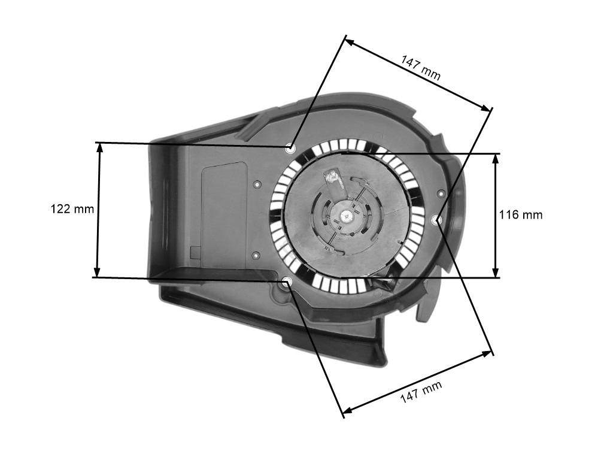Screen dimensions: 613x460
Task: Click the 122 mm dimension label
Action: point(72,209)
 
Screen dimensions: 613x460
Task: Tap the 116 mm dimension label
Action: point(521,215)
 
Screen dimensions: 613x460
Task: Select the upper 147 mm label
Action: point(421,67)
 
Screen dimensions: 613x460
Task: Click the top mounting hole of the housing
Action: point(290,149)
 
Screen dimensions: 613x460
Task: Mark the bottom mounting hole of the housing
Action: point(288,280)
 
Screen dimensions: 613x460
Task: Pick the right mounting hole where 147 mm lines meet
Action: point(438,220)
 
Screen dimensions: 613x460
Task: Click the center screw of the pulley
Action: point(344,214)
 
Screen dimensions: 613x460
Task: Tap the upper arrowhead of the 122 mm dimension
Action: point(99,148)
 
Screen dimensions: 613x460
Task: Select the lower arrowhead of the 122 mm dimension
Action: point(98,271)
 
